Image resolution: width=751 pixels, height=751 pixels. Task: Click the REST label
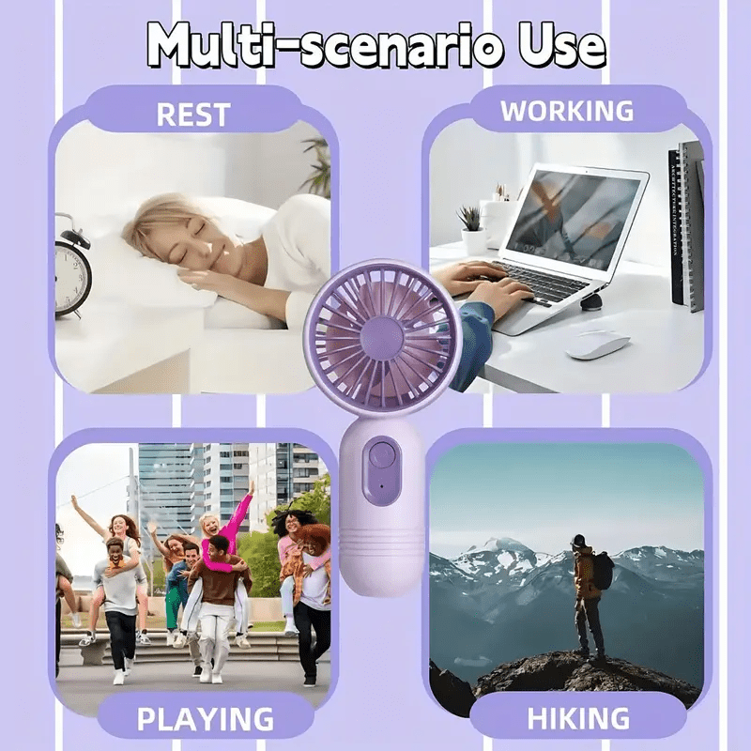pyautogui.click(x=192, y=115)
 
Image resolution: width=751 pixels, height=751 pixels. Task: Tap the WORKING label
pyautogui.click(x=566, y=111)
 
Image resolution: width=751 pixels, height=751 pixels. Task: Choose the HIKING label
pyautogui.click(x=577, y=719)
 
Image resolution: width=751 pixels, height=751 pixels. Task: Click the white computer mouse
pyautogui.click(x=597, y=344)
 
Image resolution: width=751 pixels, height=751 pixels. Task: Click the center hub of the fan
pyautogui.click(x=382, y=337)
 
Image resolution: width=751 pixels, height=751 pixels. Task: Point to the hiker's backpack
pyautogui.click(x=603, y=571)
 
